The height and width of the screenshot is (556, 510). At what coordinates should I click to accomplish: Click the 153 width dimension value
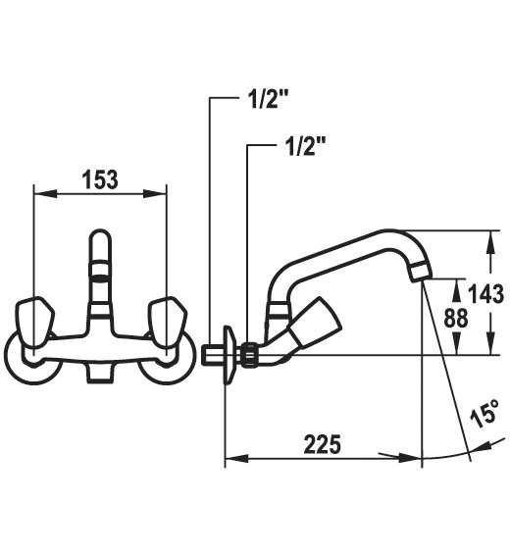[x=100, y=179]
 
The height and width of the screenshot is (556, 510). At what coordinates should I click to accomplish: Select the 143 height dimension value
[x=485, y=293]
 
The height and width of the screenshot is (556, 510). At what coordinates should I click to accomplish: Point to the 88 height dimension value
[x=456, y=318]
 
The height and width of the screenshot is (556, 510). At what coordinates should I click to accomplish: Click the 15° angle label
[x=484, y=414]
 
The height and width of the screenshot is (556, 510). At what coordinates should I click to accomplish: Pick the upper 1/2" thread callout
[x=268, y=99]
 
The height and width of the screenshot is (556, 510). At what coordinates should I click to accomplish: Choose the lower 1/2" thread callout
[x=306, y=146]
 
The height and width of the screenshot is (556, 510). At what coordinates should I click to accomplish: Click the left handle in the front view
[x=35, y=322]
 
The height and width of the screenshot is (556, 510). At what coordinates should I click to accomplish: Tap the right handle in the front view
[x=167, y=322]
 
